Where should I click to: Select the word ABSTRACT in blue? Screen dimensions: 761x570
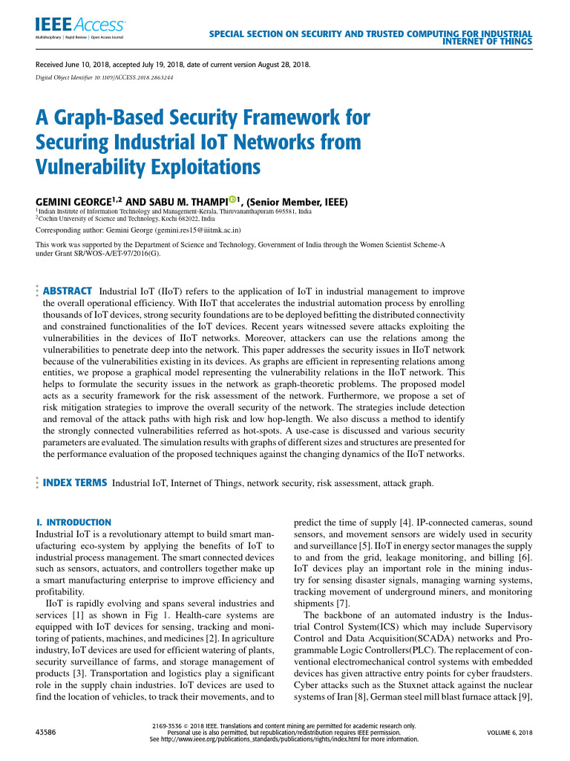[x=68, y=291]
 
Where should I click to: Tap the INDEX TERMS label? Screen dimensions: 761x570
[x=76, y=483]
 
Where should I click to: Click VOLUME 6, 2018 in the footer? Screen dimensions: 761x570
[x=510, y=733]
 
